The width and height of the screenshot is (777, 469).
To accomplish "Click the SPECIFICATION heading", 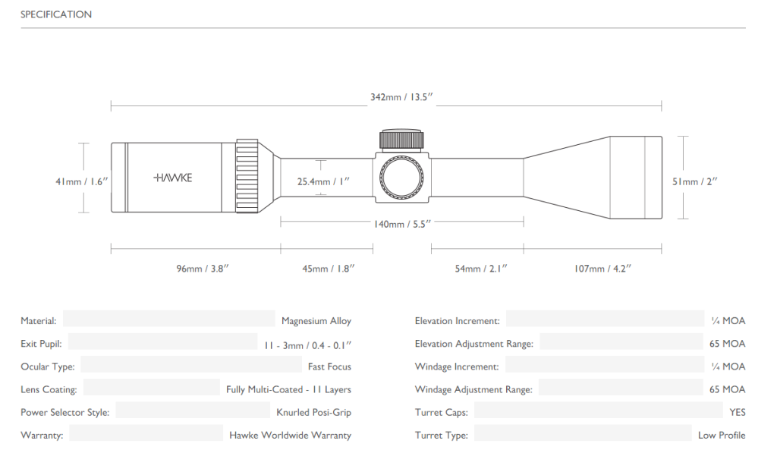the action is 56,14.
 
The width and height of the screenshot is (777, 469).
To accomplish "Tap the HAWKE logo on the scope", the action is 172,178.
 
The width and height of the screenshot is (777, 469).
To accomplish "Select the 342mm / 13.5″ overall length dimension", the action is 401,97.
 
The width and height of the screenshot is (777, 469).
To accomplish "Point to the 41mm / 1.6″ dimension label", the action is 82,182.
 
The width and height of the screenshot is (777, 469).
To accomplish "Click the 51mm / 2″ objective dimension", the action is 695,182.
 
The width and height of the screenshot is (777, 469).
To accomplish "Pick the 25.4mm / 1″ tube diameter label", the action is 323,182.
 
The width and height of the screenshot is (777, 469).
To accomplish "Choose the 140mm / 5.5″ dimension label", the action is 402,225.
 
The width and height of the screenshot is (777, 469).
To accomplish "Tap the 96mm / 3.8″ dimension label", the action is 203,269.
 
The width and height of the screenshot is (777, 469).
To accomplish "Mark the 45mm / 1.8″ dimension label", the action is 329,269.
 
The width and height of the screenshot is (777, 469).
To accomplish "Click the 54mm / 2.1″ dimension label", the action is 481,269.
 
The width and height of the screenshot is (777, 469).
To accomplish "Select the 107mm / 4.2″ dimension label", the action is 602,269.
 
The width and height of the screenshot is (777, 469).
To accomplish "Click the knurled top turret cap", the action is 401,140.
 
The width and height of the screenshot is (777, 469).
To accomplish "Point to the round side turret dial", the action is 401,178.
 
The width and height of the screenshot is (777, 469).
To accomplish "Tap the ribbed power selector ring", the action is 247,177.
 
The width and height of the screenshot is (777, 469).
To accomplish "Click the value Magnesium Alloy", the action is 316,321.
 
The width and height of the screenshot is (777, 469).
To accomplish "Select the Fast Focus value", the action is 329,367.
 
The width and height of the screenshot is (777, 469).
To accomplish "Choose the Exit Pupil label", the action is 41,344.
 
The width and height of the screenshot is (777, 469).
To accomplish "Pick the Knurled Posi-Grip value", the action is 313,413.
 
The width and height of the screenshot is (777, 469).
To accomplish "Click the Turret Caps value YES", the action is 738,413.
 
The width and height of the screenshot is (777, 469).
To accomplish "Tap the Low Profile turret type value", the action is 722,436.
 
